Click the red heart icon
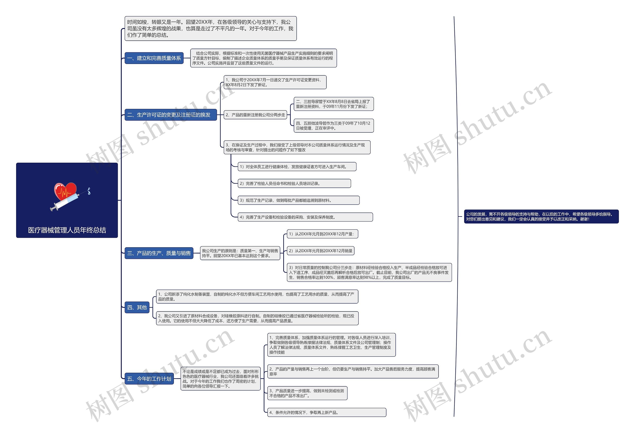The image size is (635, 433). click(65, 190)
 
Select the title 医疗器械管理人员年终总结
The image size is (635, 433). click(67, 230)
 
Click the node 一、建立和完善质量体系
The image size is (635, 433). click(154, 58)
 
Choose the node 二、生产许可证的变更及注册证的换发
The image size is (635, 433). click(170, 115)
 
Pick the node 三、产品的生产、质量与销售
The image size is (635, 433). click(159, 253)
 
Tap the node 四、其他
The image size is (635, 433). click(137, 308)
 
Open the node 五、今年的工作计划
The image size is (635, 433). click(149, 379)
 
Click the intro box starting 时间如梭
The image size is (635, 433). click(210, 29)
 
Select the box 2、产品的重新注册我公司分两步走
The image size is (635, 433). click(255, 115)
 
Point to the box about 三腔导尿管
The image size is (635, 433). click(333, 104)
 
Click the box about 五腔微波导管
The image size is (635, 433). click(333, 126)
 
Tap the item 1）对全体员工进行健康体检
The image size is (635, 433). click(297, 167)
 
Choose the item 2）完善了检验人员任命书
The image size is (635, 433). click(294, 184)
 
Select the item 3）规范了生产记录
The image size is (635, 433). click(298, 200)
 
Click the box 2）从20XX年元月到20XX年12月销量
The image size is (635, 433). click(320, 251)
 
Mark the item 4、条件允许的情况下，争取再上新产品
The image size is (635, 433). click(326, 412)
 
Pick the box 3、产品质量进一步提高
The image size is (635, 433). click(307, 393)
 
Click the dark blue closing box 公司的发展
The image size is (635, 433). click(541, 217)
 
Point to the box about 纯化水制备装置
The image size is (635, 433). click(257, 297)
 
